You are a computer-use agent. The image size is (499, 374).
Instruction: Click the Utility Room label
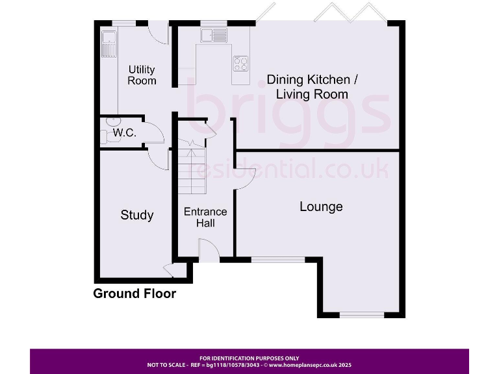pos(142,75)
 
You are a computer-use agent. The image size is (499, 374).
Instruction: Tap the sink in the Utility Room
pos(108,43)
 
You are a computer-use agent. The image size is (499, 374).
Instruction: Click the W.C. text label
pos(123,133)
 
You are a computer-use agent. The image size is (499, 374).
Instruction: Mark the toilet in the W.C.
pos(107,137)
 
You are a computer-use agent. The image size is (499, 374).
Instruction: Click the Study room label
pos(137,215)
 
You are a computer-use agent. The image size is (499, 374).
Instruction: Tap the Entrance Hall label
pos(205,218)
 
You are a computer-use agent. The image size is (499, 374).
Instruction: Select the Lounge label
pos(321,206)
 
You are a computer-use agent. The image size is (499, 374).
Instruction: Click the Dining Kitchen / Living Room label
pos(312,87)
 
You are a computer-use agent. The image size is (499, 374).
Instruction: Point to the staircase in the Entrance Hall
pos(192,170)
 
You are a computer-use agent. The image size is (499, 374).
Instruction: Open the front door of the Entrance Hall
pos(207,250)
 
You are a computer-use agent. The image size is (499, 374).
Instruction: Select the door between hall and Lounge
pos(244,179)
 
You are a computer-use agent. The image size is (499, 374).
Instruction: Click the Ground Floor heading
pos(134,293)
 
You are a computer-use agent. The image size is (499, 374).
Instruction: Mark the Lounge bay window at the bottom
pos(361,316)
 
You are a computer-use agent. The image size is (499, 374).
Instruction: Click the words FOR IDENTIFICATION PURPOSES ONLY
pos(249,358)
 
